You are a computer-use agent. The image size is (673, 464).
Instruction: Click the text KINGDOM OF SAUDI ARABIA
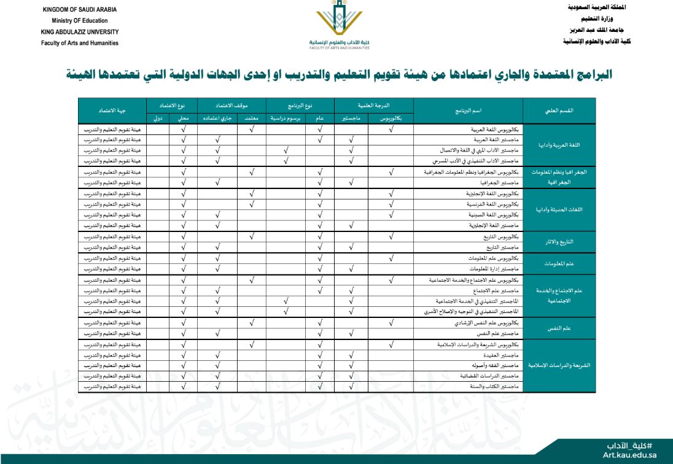(79, 10)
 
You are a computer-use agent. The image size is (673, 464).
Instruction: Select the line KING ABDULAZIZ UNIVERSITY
(80, 32)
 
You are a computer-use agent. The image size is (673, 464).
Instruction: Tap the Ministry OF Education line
(80, 21)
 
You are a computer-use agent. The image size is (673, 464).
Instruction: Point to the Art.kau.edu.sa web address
(629, 455)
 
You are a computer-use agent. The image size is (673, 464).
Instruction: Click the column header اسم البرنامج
(468, 111)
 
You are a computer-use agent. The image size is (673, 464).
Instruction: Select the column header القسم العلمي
(559, 111)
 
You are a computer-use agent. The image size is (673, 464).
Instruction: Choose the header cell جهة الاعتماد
(112, 111)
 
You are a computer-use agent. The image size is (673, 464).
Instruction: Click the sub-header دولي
(158, 118)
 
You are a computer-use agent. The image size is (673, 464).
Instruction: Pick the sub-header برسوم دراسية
(286, 118)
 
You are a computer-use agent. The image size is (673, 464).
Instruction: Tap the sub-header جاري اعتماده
(217, 118)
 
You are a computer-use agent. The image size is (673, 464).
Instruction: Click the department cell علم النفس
(559, 328)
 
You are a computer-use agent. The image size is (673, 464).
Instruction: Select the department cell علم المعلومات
(559, 264)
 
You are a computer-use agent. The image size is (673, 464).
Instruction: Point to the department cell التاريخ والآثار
(559, 242)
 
